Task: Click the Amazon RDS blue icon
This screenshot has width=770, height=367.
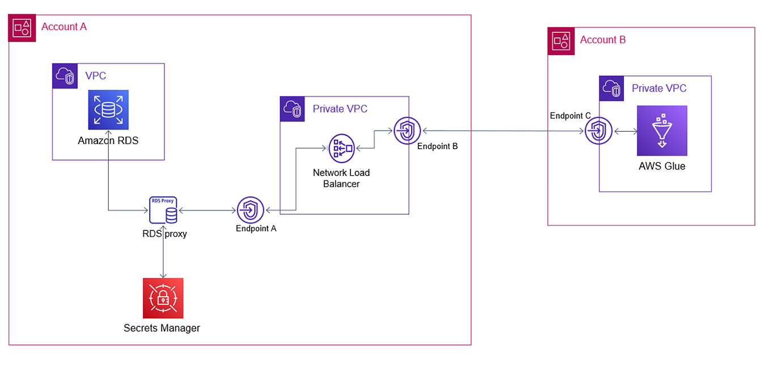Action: (108, 109)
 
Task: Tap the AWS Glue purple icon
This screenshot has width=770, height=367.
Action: (662, 130)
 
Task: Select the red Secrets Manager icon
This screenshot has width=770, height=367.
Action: (163, 298)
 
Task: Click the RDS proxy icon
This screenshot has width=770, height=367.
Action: (163, 210)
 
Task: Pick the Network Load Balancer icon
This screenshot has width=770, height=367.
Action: (341, 149)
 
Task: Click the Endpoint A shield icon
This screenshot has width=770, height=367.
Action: (251, 210)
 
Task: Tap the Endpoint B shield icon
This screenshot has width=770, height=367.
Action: (407, 130)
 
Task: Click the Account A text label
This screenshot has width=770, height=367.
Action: (64, 27)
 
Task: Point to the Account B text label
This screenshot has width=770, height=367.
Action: (603, 40)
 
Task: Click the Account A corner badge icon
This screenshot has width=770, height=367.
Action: (22, 28)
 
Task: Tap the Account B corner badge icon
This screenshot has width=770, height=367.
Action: (561, 41)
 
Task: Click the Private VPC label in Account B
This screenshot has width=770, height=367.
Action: (659, 88)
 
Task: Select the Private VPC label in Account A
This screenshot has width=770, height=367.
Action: (340, 109)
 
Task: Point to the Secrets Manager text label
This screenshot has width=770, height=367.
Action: (162, 328)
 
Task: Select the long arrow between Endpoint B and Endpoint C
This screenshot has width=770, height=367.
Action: (502, 131)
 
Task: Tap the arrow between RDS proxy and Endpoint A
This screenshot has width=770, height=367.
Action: (206, 211)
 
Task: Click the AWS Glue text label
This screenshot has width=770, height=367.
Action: (662, 166)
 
